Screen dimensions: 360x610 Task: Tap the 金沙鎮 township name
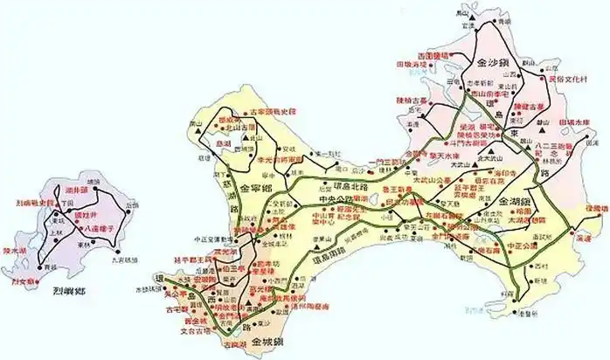click(496, 64)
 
